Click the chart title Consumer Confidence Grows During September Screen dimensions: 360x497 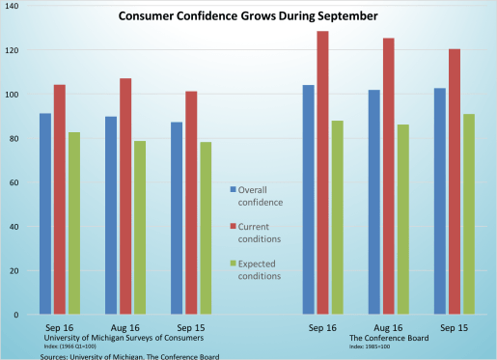tap(248, 16)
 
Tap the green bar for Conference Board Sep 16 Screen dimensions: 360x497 tap(337, 218)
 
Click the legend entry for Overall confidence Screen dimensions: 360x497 tap(262, 195)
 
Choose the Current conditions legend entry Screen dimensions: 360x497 tap(262, 232)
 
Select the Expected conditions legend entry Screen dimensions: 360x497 tap(262, 269)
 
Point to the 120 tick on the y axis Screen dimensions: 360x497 tap(14, 50)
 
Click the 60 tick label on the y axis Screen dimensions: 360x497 tap(16, 182)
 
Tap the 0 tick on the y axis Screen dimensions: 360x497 tap(19, 315)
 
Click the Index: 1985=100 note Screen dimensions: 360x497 tap(371, 346)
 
